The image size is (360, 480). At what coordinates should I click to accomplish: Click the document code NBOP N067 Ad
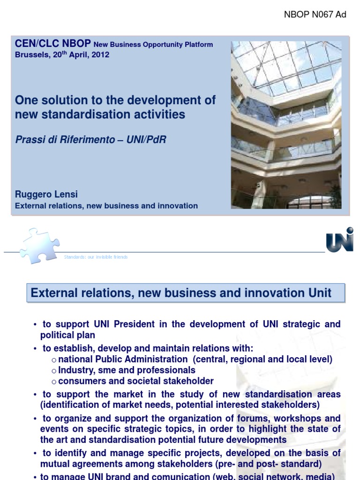(315, 15)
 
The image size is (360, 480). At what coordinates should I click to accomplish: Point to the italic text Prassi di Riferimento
(65, 139)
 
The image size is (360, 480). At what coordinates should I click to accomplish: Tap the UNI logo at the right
(339, 240)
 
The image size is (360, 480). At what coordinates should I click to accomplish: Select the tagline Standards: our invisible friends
(96, 257)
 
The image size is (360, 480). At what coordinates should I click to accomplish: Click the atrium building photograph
(286, 124)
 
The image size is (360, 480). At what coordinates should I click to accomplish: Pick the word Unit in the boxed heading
(320, 293)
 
